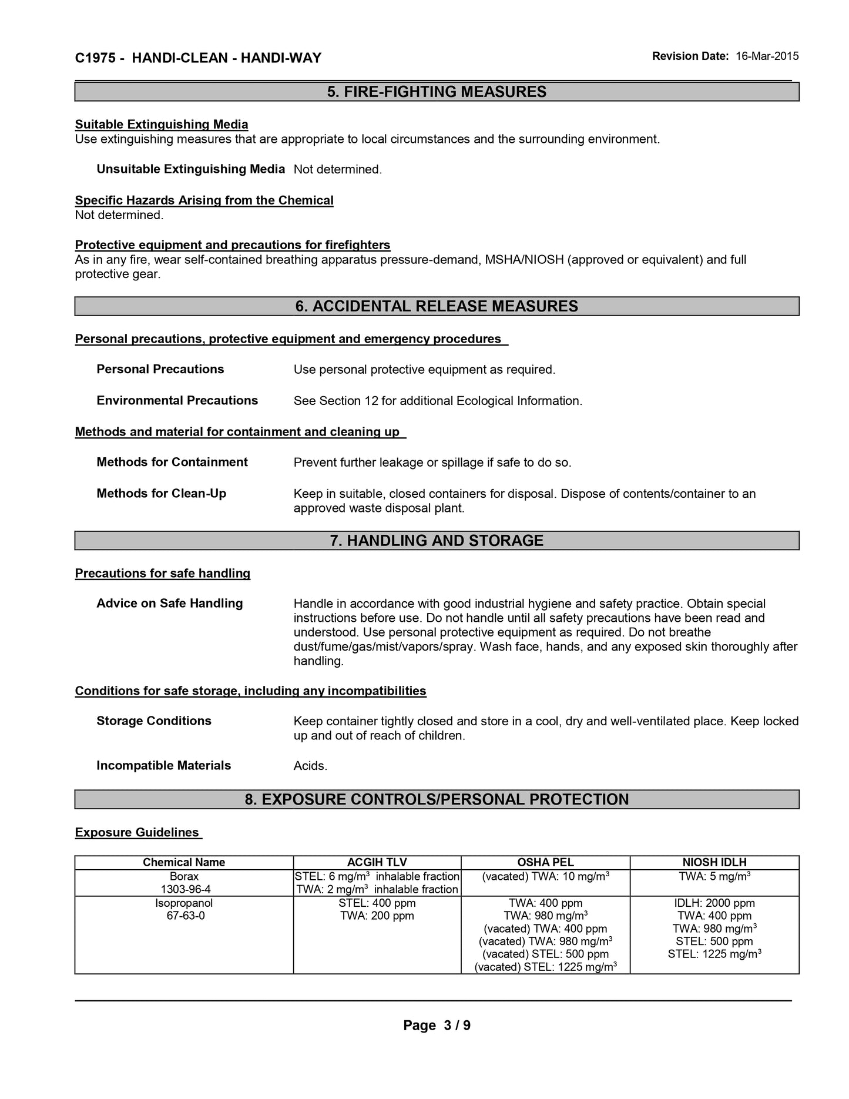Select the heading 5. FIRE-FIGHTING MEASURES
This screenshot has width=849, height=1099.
pos(437,92)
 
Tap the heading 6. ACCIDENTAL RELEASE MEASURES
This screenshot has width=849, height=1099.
pos(437,306)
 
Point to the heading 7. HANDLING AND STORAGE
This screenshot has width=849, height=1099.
pos(437,541)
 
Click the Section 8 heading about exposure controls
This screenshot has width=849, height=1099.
pos(437,799)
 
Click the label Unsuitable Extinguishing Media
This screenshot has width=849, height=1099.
pos(190,169)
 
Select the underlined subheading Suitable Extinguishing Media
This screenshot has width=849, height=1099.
pos(162,125)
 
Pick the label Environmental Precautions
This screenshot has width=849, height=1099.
pos(177,401)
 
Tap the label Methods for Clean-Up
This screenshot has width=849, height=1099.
pos(161,494)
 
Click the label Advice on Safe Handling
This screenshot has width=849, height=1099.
pos(169,604)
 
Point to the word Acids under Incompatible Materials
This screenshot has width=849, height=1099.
pos(310,766)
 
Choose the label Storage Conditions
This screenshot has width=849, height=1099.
pos(154,721)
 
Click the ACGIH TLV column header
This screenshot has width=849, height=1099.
pos(377,862)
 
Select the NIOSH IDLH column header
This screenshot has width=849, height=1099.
pos(714,862)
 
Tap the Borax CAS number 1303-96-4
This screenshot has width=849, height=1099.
pos(184,889)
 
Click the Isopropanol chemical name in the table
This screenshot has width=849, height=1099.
pos(184,903)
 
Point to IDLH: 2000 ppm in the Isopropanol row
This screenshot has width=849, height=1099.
pos(714,903)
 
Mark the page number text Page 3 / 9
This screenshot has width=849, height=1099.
pos(437,1026)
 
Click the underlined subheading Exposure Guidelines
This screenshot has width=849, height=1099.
pos(137,833)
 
